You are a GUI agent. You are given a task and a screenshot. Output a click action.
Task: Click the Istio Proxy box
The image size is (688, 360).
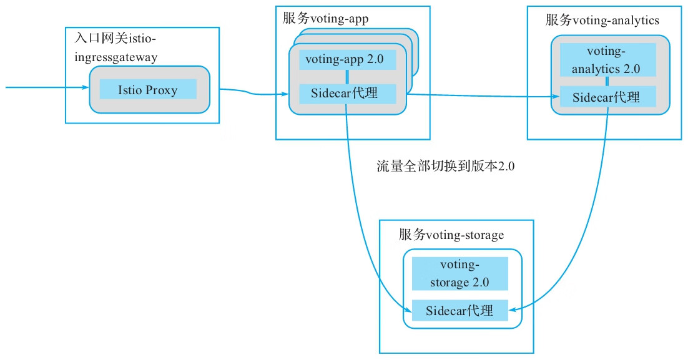pos(148,89)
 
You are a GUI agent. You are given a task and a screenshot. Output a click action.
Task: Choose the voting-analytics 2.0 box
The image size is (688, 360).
pos(607,59)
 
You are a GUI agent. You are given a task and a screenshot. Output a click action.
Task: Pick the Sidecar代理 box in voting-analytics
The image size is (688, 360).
pos(607,97)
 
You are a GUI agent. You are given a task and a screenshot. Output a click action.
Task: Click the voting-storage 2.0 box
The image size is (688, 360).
pos(459,273)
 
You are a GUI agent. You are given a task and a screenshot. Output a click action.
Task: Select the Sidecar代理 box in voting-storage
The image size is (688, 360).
pos(459,310)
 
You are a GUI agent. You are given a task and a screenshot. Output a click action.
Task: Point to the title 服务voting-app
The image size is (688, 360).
pos(325,19)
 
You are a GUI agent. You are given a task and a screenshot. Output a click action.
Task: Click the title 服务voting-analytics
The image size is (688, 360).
pos(602,20)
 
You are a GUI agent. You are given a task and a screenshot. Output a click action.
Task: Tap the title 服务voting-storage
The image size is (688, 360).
pos(451,235)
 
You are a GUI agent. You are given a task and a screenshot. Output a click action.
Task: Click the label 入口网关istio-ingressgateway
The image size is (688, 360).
pos(115,48)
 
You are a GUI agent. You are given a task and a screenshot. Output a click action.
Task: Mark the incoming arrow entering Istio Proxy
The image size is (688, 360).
pos(44,87)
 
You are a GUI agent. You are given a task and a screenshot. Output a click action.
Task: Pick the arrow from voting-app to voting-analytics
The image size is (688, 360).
pos(481,95)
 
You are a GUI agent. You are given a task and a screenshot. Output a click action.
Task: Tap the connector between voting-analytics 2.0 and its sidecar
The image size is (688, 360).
pos(607,82)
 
